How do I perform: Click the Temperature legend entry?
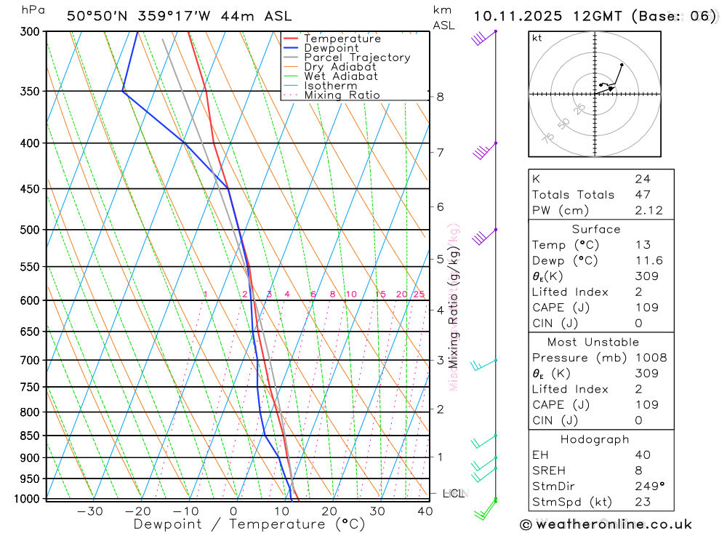pyautogui.click(x=342, y=39)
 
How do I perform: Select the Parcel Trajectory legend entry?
pyautogui.click(x=357, y=57)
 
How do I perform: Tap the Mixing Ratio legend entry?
pyautogui.click(x=342, y=95)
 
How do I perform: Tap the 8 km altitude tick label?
pyautogui.click(x=440, y=97)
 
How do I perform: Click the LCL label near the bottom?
pyautogui.click(x=453, y=494)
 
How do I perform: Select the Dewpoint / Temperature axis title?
pyautogui.click(x=249, y=524)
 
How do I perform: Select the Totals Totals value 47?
pyautogui.click(x=643, y=194)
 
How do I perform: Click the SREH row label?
pyautogui.click(x=549, y=470)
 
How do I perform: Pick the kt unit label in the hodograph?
pyautogui.click(x=537, y=38)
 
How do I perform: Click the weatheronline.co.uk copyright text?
pyautogui.click(x=606, y=524)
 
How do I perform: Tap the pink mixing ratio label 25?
pyautogui.click(x=419, y=294)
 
